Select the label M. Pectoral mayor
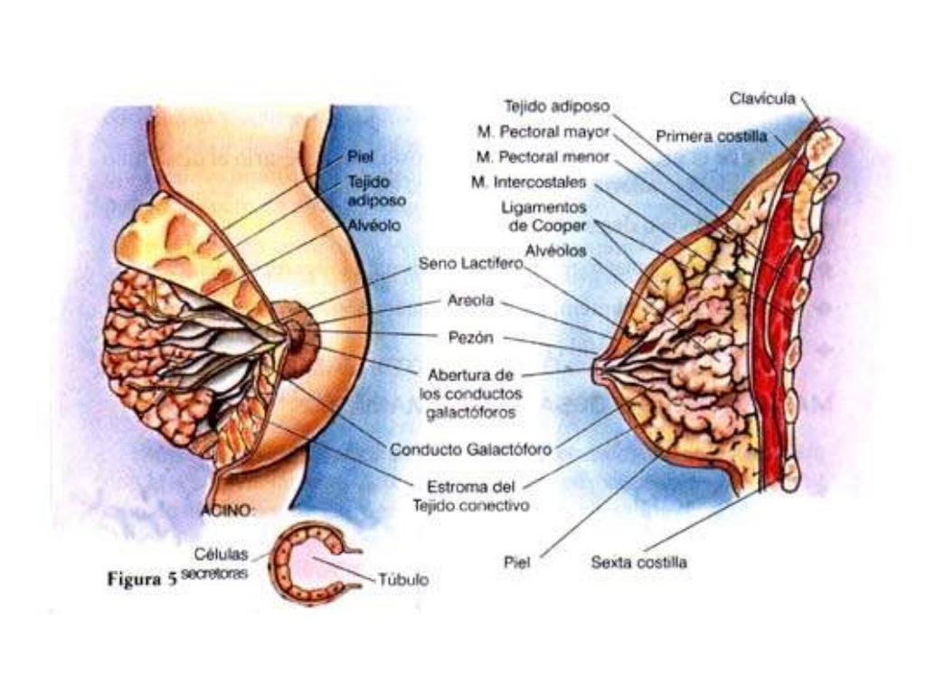[543, 131]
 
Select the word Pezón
[469, 338]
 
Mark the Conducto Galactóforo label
[471, 448]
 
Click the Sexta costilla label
[638, 562]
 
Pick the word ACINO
[228, 511]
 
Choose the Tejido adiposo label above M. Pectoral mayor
[557, 106]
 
